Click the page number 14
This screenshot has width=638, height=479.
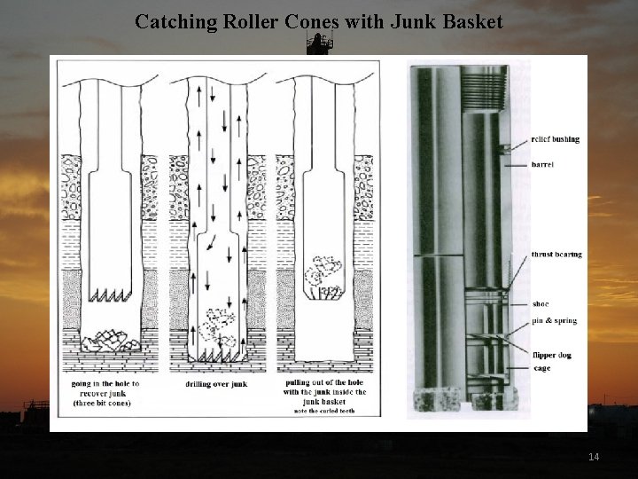pyautogui.click(x=594, y=457)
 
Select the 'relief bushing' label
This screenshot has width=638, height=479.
pyautogui.click(x=555, y=139)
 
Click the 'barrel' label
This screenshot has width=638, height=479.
pyautogui.click(x=543, y=164)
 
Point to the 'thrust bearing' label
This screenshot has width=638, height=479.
pyautogui.click(x=556, y=255)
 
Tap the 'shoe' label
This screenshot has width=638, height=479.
pyautogui.click(x=541, y=304)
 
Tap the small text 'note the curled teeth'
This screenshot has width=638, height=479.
pyautogui.click(x=320, y=411)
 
